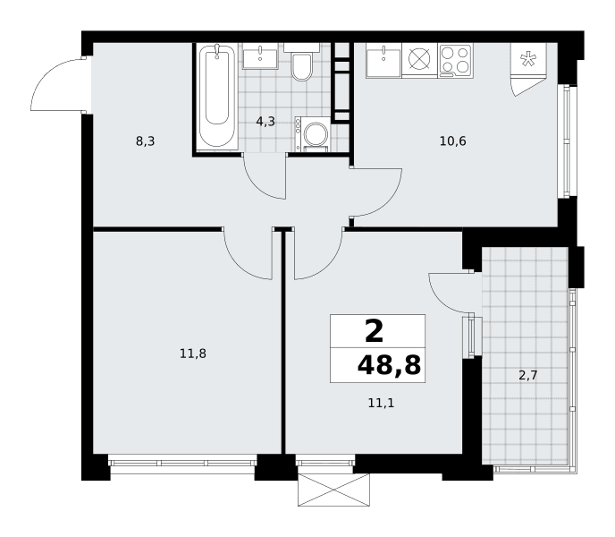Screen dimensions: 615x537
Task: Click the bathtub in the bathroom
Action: [x=217, y=97]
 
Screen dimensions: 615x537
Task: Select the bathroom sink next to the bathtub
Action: [x=260, y=56]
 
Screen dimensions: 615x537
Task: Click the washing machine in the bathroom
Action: [x=313, y=134]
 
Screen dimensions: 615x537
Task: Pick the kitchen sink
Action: [x=383, y=61]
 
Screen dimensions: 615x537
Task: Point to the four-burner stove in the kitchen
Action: [x=455, y=60]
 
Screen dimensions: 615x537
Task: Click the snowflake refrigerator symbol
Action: [x=527, y=58]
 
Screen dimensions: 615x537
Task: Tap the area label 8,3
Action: [x=145, y=141]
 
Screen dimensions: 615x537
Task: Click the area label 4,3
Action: [x=265, y=122]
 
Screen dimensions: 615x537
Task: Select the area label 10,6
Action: [x=452, y=141]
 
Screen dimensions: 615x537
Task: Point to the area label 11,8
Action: [x=193, y=354]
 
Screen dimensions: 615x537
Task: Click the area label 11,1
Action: [x=381, y=403]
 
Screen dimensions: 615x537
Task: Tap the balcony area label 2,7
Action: [x=528, y=376]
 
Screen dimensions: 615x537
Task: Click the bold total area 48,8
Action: [x=389, y=365]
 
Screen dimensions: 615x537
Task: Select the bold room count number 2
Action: [x=374, y=331]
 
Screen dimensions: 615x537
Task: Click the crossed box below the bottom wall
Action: [x=333, y=490]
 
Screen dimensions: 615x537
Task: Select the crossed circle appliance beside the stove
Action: [x=419, y=58]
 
